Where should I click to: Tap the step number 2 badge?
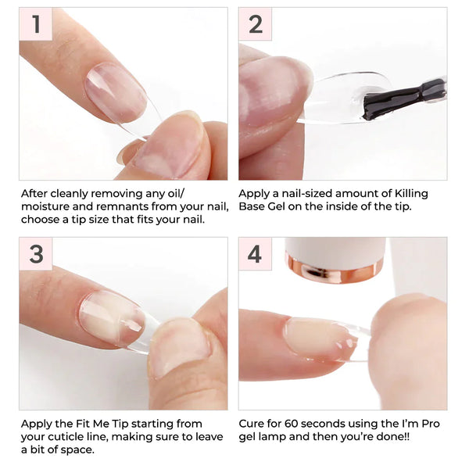(256, 24)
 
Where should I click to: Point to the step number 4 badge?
(256, 254)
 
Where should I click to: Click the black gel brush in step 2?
(403, 99)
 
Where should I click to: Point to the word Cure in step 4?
(255, 423)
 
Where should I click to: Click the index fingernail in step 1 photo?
(115, 93)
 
